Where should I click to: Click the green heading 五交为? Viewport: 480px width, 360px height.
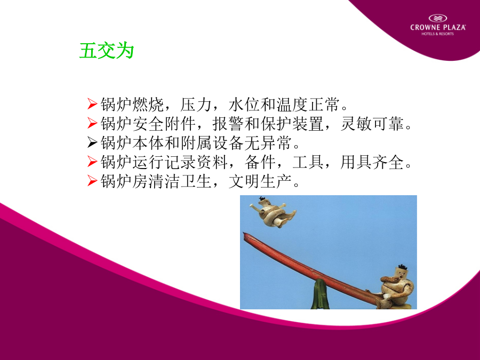[107, 51]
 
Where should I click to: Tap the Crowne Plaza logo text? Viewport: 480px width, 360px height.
[438, 27]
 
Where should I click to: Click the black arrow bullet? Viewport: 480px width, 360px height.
[92, 142]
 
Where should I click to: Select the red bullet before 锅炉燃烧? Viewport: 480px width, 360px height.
[92, 104]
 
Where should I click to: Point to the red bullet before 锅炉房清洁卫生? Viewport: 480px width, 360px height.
[92, 181]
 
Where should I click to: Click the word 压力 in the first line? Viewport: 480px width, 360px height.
[196, 105]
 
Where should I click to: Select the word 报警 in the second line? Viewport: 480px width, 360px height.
[228, 124]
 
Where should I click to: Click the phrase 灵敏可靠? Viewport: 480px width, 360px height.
[372, 124]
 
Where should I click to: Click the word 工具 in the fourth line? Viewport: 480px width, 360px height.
[308, 162]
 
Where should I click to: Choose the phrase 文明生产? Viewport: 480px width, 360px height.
[260, 181]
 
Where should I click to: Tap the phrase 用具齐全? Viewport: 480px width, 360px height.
[372, 162]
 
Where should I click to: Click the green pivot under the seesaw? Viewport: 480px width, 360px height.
[320, 294]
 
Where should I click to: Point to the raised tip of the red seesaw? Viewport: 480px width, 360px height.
[244, 233]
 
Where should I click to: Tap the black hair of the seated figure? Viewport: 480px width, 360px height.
[403, 267]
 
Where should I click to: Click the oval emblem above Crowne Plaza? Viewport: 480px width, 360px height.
[438, 18]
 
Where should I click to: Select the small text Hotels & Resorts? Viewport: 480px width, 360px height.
[438, 34]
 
